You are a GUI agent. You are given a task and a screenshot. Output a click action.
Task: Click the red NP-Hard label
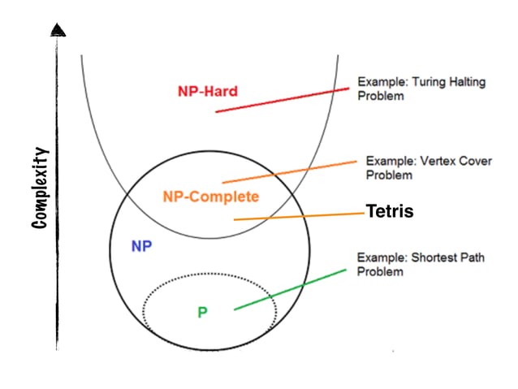[208, 91]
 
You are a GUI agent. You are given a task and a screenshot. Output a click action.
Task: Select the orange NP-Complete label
[210, 197]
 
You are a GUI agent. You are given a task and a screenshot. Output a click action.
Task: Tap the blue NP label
[141, 244]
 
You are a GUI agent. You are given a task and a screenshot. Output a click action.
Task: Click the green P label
[202, 312]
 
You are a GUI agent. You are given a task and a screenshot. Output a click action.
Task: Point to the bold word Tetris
[390, 211]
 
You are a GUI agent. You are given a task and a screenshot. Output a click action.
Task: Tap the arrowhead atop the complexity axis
[57, 31]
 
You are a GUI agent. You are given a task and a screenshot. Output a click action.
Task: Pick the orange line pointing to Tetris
[300, 216]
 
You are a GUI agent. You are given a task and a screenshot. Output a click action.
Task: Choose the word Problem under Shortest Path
[380, 271]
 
